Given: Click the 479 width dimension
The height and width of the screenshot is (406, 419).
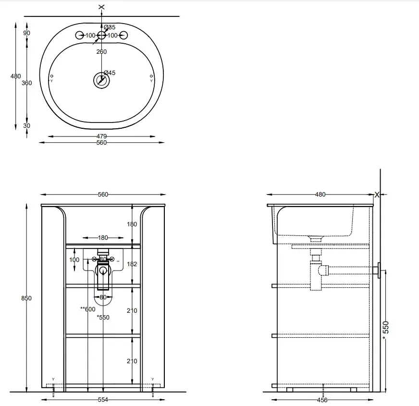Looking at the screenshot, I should [101, 136].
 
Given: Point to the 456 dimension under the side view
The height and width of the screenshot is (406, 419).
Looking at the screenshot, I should [322, 400].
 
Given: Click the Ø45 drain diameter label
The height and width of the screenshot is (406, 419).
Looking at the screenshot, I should [110, 73].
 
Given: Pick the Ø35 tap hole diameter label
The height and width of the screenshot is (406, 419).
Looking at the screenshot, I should [110, 27].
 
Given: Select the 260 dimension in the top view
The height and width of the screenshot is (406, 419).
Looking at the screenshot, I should [101, 52].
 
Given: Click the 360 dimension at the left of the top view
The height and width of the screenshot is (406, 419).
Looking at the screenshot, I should [27, 83].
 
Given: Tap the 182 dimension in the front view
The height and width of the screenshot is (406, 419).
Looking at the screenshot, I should [132, 264].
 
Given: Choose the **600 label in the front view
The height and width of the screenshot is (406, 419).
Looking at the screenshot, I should [88, 309].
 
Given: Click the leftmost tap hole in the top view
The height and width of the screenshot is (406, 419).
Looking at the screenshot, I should [79, 35].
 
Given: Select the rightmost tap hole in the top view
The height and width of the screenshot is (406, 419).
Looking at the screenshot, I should [123, 35].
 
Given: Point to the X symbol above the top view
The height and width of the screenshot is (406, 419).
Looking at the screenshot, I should [101, 7].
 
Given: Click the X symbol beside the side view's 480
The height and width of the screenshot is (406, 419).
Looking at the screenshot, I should [377, 195].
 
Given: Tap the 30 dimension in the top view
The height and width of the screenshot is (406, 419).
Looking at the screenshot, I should [27, 126].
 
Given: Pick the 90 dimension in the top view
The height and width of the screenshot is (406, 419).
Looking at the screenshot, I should [27, 33].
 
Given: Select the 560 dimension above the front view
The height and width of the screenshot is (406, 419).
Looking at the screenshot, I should [103, 195].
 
